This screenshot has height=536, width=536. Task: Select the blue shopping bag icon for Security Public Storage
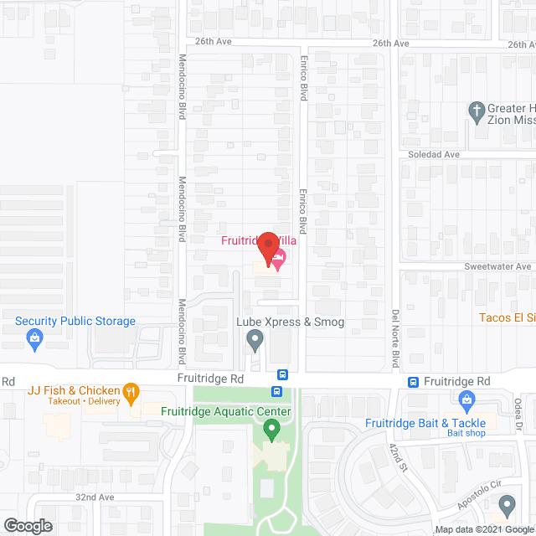point(34,338)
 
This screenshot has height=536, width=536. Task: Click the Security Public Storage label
point(75,322)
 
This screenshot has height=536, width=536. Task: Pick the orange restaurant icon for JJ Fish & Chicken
point(130,390)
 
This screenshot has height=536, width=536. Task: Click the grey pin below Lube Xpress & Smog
point(255,340)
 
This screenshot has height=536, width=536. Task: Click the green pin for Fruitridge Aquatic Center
point(271,430)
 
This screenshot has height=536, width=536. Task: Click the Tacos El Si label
point(506,317)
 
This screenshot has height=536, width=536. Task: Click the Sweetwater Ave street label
point(499,266)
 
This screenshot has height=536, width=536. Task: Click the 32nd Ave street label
point(94,497)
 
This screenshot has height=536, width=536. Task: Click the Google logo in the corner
point(27,526)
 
